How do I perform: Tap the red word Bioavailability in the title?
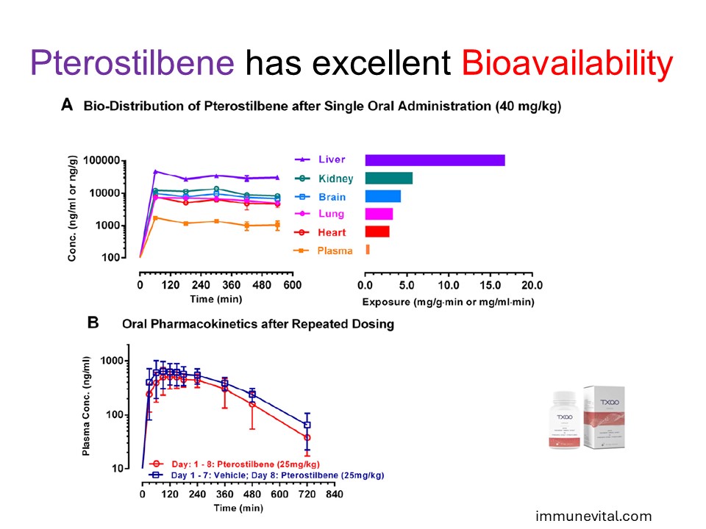click(x=567, y=64)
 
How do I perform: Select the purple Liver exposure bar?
click(x=435, y=160)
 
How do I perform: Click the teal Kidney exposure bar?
click(x=388, y=178)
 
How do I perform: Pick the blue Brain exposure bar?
click(x=382, y=196)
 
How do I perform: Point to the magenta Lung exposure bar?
click(x=379, y=214)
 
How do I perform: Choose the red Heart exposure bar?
click(x=377, y=231)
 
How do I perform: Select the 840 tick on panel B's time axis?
click(x=334, y=494)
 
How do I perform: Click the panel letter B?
click(x=93, y=322)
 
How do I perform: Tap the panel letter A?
click(x=67, y=106)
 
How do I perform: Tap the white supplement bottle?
click(x=566, y=419)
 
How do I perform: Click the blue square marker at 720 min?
click(x=307, y=425)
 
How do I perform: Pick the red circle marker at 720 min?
click(x=307, y=438)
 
